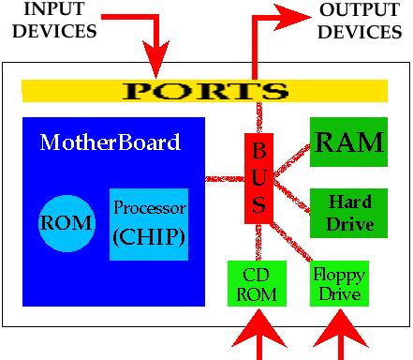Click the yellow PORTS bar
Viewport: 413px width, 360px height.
click(x=204, y=91)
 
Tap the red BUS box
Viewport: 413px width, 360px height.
click(x=258, y=178)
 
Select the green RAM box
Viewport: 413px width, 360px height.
click(x=348, y=142)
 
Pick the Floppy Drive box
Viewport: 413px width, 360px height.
click(x=338, y=283)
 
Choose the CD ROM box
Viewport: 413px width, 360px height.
click(x=256, y=283)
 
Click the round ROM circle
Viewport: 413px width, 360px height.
click(x=66, y=223)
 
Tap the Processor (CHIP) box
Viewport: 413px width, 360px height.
click(x=149, y=223)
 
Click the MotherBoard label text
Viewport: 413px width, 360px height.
click(x=110, y=143)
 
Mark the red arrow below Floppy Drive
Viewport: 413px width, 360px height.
click(x=341, y=334)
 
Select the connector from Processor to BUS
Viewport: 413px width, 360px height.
click(x=225, y=177)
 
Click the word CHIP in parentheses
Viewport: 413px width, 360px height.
click(x=148, y=235)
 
